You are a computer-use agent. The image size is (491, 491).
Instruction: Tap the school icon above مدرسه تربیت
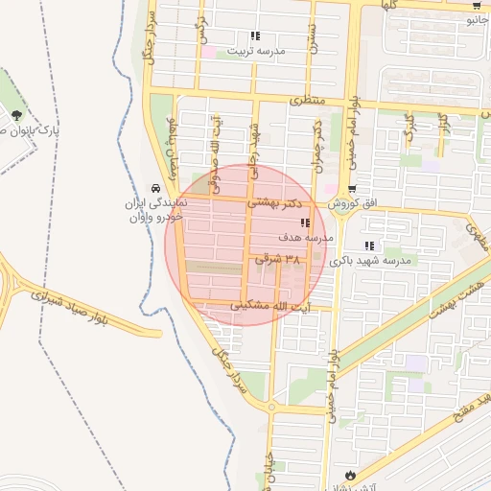tap(255, 36)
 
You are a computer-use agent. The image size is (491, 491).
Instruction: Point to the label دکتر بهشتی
tap(277, 203)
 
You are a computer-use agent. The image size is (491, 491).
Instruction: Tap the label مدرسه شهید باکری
tap(369, 260)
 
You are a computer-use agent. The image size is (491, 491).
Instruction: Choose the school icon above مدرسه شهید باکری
tap(369, 246)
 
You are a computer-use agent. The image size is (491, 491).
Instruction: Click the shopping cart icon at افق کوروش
tap(353, 190)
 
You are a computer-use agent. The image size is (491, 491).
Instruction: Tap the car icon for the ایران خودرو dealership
tap(156, 190)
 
